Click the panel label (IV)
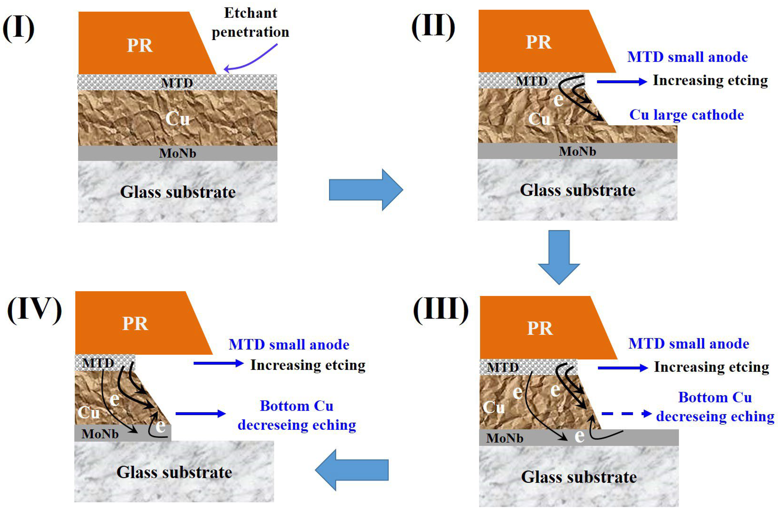coord(34,310)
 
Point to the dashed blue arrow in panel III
coord(626,414)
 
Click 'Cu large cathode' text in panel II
coord(687,115)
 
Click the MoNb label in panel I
coord(178,153)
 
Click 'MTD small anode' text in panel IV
coord(289,344)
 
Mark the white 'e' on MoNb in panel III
coord(579,436)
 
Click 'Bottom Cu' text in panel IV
coord(297,406)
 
